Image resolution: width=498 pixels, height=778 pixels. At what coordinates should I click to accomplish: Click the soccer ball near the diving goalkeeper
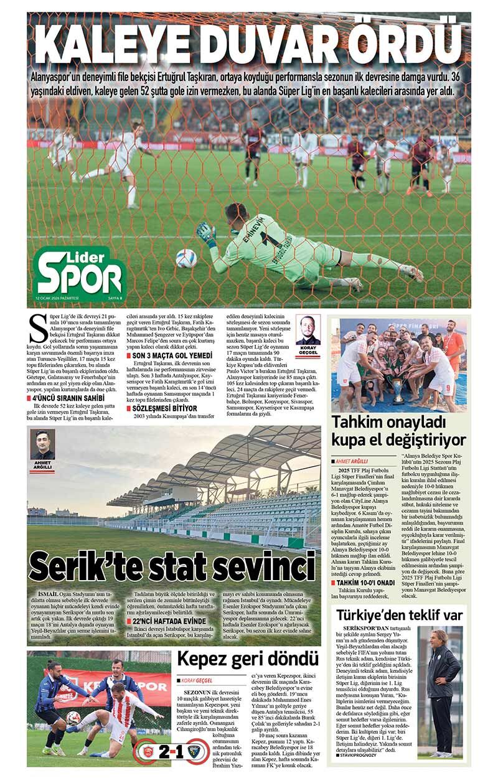186,258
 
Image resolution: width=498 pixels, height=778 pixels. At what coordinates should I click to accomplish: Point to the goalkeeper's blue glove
205,232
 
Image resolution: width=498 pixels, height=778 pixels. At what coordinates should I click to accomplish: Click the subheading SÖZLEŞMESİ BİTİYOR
163,407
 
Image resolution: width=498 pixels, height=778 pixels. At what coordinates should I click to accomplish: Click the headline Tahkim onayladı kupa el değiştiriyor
398,430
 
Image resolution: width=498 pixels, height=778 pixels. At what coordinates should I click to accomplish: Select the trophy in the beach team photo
398,392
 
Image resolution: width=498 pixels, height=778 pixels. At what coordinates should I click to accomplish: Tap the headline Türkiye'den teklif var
399,615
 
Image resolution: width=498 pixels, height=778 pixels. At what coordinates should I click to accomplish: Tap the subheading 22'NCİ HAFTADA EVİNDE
169,621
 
